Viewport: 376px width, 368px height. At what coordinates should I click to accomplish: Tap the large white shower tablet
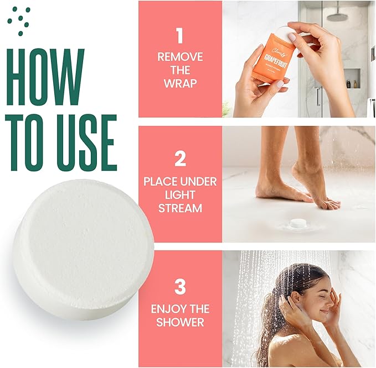[83, 248]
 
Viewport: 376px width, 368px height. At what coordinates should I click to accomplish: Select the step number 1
[179, 36]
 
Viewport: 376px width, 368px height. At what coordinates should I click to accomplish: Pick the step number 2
[179, 159]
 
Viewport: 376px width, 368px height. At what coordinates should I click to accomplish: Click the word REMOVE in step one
[179, 56]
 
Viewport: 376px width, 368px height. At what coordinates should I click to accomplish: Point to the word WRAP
[179, 84]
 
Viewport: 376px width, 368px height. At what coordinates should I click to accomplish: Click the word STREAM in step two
[179, 209]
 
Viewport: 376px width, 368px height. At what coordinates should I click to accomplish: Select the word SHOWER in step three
[179, 322]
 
